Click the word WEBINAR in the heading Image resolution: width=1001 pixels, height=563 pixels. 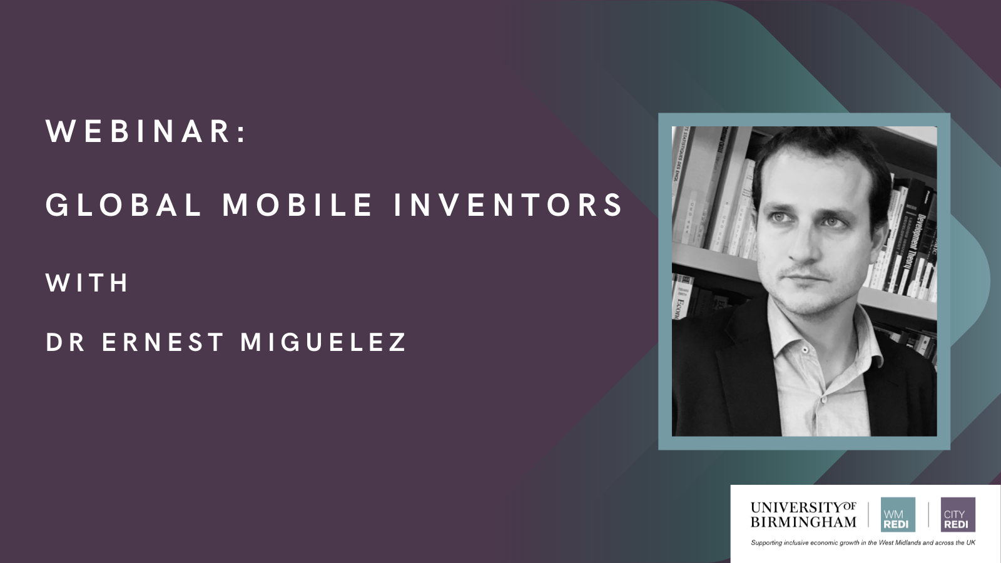coord(138,131)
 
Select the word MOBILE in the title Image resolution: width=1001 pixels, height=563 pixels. coord(298,205)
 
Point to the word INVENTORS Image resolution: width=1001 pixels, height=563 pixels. coord(509,205)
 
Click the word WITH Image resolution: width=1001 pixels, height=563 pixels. coord(87,283)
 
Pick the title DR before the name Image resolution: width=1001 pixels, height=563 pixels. coord(66,342)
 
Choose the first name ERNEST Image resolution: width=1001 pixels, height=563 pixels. coord(163,342)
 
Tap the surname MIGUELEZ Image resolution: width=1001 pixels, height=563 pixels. coord(323,342)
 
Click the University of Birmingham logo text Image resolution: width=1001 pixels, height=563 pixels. coord(803,514)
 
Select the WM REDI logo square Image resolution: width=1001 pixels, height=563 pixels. coord(898,515)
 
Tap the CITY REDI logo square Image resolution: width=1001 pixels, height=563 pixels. coord(957,515)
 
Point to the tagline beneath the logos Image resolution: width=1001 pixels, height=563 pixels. coord(863,543)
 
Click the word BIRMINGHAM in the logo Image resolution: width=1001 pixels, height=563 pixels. coord(803,522)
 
